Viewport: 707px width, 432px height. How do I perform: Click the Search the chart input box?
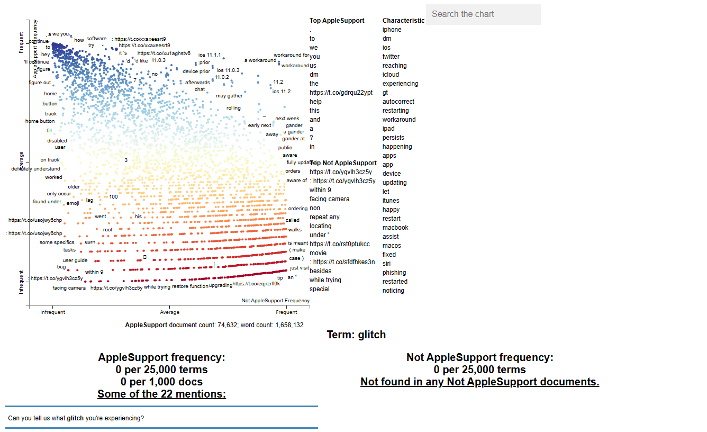click(483, 14)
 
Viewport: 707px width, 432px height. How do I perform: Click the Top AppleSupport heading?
click(337, 21)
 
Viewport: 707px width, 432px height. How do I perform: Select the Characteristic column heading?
click(403, 21)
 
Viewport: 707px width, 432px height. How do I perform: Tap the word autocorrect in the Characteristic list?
click(398, 102)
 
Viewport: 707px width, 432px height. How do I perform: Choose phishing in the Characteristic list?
click(394, 273)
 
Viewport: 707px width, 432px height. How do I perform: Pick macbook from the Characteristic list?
click(395, 228)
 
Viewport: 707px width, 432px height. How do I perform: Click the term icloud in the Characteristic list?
click(392, 75)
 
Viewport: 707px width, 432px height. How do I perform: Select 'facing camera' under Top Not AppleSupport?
click(329, 199)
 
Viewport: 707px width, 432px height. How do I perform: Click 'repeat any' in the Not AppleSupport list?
click(324, 217)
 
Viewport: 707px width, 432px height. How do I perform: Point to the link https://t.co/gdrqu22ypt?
click(341, 93)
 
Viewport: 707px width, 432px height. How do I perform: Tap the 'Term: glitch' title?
click(356, 335)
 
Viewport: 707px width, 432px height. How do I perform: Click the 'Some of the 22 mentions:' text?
click(161, 394)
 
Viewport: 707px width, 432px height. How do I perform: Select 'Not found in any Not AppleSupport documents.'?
click(479, 382)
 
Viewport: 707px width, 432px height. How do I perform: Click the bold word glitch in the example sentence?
click(75, 418)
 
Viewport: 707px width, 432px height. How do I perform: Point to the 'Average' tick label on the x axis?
click(169, 312)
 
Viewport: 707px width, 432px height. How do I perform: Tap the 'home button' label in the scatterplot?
click(40, 121)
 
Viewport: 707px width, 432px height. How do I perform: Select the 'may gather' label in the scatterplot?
click(229, 96)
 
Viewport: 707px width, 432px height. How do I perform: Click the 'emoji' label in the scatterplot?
click(72, 203)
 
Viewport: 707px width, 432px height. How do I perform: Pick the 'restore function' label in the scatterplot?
click(190, 286)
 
